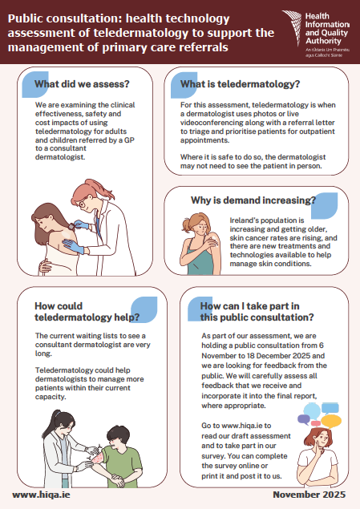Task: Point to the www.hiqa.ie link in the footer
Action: (x=38, y=495)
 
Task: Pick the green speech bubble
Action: (x=329, y=406)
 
